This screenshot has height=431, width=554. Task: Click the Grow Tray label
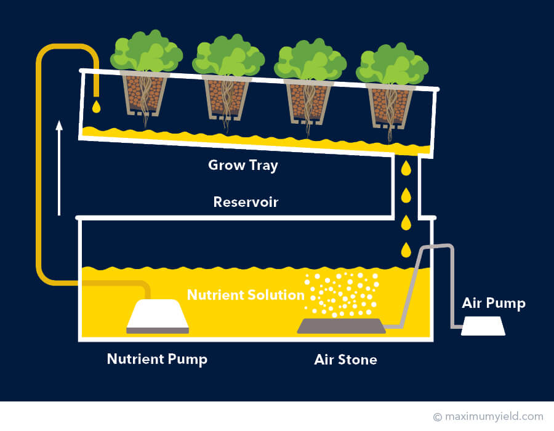pos(243,165)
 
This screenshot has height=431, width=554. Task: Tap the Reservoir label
pos(246,202)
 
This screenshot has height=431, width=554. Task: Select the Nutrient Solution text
pos(246,294)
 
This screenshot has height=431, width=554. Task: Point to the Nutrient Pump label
pos(157,359)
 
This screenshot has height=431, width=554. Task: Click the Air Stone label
pos(345,359)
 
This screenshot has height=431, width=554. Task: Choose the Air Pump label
pos(494,303)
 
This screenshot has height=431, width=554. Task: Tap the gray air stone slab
pos(342,326)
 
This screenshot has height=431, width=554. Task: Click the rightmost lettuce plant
pos(391,65)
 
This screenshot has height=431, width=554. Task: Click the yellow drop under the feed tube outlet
pos(96,107)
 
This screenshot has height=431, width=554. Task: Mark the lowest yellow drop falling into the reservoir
pos(406,249)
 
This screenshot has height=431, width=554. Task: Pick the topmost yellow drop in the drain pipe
pos(406,167)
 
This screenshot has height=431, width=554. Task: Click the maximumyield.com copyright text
pos(488,417)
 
